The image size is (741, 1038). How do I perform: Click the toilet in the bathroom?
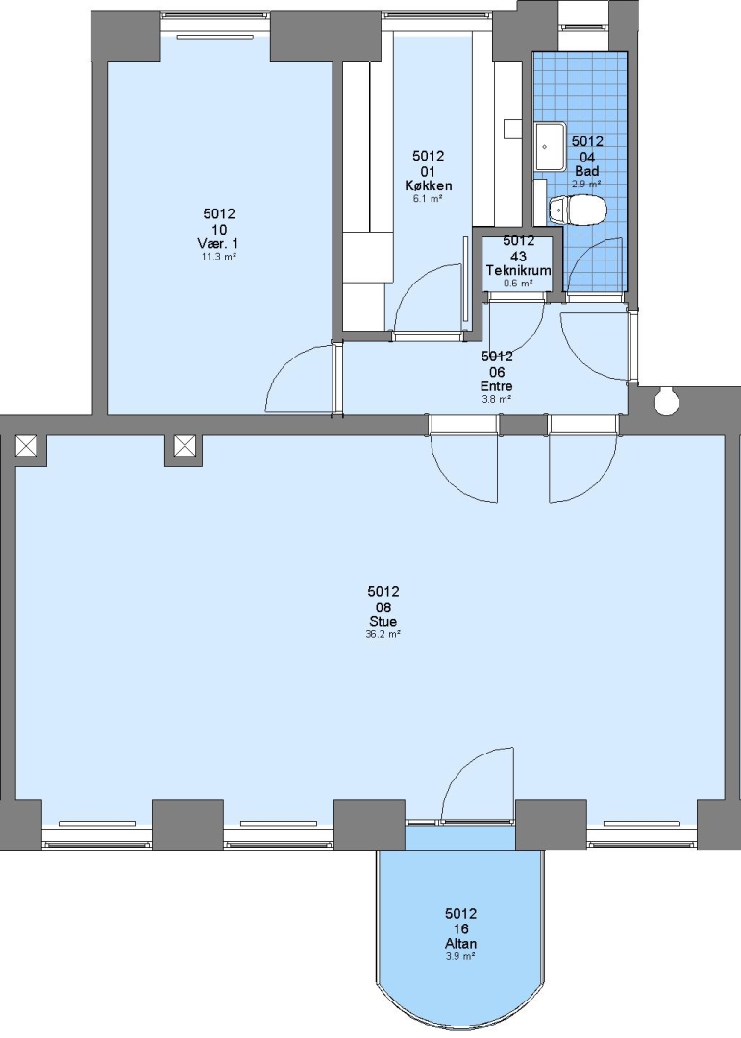click(578, 210)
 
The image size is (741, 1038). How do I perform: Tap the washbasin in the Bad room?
click(550, 146)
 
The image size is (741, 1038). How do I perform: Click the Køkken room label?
click(429, 186)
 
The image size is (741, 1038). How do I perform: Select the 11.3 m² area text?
click(219, 257)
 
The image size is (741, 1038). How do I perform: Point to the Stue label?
click(383, 622)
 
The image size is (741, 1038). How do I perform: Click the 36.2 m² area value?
click(383, 634)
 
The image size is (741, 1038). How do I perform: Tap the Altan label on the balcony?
click(461, 944)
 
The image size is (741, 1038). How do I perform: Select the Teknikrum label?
click(518, 271)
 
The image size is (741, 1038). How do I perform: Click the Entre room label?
click(497, 386)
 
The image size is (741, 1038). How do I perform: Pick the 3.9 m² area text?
click(461, 956)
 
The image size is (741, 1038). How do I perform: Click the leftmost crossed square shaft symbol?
click(27, 446)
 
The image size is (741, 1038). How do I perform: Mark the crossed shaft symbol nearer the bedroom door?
click(185, 446)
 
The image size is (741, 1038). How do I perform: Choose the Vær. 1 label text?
click(219, 244)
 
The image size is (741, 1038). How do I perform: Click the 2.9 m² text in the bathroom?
click(586, 184)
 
